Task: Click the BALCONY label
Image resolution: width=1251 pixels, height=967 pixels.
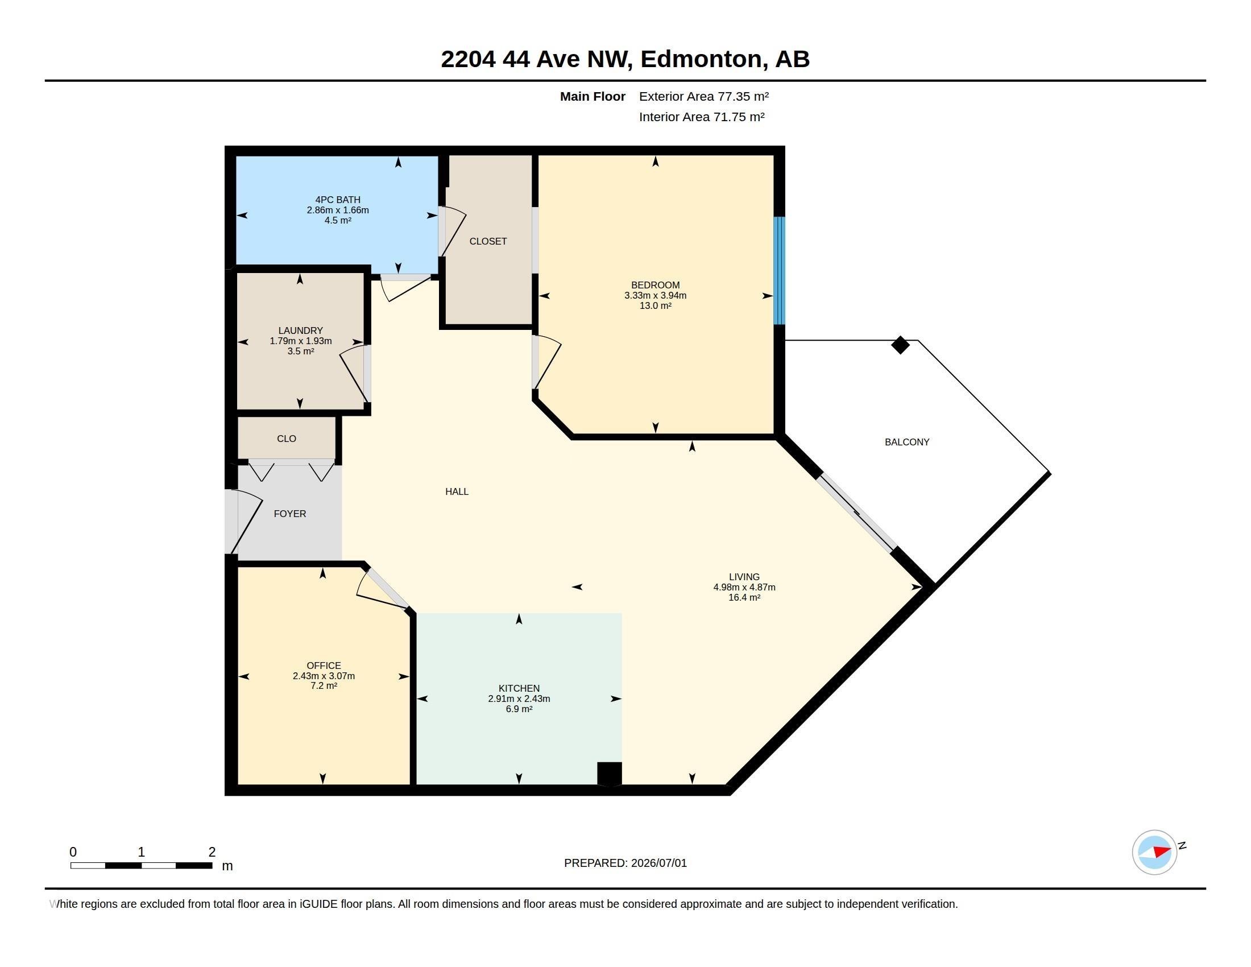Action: [907, 441]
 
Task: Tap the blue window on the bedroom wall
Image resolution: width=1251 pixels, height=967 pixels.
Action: [779, 270]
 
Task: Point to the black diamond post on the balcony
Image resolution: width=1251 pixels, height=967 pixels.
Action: [901, 345]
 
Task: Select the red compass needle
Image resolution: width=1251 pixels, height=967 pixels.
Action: [1162, 851]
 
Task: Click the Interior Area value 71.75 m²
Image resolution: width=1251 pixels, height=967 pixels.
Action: [739, 117]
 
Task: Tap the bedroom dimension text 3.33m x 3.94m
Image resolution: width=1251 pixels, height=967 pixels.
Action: [655, 296]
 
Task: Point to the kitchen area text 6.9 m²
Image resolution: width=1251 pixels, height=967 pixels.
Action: [519, 709]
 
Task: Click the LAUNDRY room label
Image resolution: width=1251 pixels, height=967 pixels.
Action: [301, 330]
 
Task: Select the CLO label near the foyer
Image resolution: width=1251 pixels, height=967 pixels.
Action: [287, 439]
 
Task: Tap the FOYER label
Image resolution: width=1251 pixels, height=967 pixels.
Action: [290, 514]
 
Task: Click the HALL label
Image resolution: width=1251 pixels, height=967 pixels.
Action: [457, 491]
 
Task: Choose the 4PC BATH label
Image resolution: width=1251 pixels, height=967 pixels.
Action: [338, 200]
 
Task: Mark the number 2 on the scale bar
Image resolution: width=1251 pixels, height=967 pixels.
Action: [212, 852]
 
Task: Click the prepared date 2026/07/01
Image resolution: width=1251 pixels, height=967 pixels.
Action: [658, 863]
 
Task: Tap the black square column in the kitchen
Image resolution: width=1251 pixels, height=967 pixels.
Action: [610, 774]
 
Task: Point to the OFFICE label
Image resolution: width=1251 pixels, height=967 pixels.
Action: [324, 666]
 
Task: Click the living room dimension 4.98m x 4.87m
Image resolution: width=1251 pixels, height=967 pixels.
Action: [744, 587]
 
